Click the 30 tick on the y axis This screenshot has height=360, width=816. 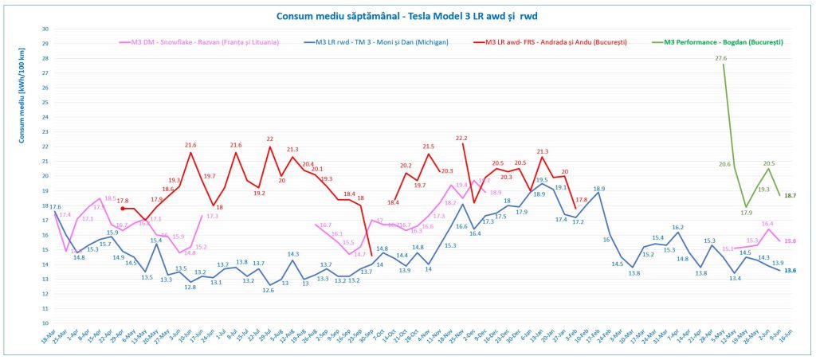45,29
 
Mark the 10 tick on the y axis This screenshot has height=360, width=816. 45,323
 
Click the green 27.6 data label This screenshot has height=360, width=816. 721,58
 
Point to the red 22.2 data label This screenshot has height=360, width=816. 461,138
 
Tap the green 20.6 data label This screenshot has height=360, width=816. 724,164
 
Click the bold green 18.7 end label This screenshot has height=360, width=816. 790,195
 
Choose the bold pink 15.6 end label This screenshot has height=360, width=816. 790,241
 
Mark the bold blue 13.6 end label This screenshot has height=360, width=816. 790,271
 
